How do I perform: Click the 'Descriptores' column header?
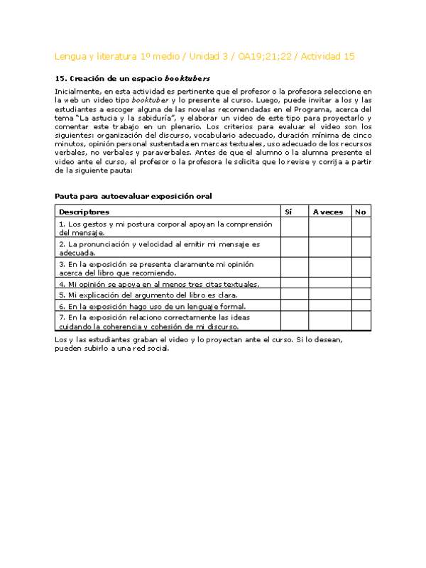click(x=84, y=212)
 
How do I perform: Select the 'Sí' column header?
click(x=288, y=212)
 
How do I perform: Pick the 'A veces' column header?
click(x=327, y=212)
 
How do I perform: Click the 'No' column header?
click(x=361, y=212)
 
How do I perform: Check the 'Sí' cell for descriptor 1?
click(x=294, y=227)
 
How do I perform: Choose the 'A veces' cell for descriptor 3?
click(x=329, y=268)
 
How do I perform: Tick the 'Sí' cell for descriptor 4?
click(x=294, y=283)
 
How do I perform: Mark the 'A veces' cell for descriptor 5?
click(x=329, y=294)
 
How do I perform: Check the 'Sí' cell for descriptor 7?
click(x=294, y=321)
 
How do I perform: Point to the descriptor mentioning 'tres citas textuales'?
click(x=159, y=284)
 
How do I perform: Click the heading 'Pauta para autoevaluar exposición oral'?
click(x=133, y=195)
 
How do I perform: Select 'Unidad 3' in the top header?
click(x=191, y=57)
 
